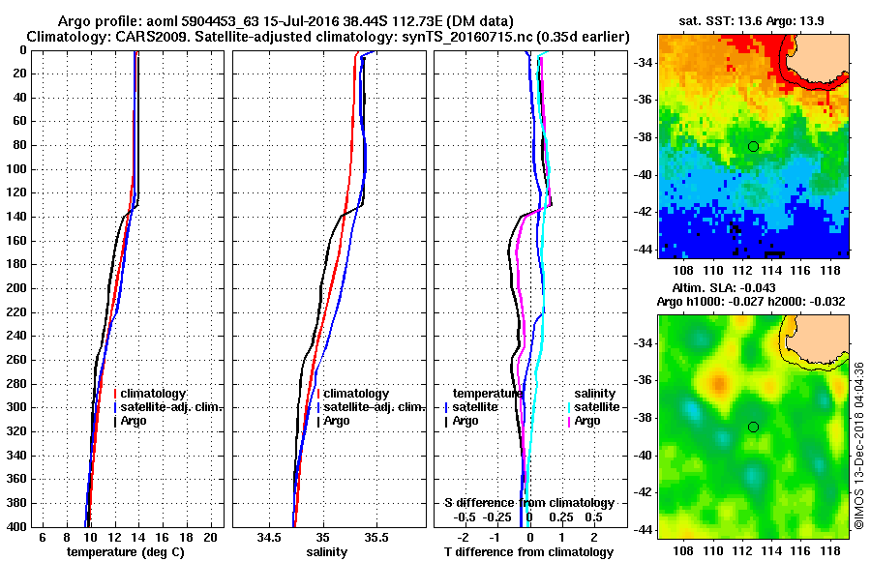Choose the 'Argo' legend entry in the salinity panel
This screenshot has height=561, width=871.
[337, 421]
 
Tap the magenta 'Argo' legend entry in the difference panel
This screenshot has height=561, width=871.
[588, 421]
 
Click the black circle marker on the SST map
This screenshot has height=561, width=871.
[753, 146]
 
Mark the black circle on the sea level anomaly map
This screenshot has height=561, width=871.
[753, 427]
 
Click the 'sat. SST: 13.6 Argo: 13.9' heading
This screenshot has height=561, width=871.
[752, 20]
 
